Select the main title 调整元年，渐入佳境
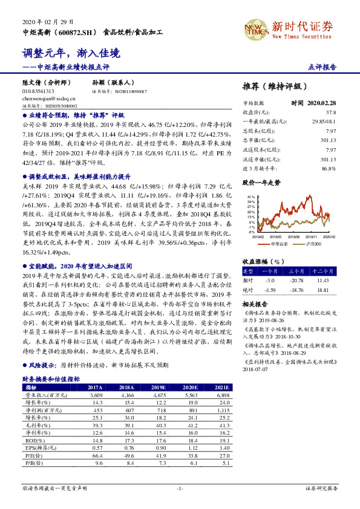click(x=71, y=54)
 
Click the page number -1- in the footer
click(x=180, y=487)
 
